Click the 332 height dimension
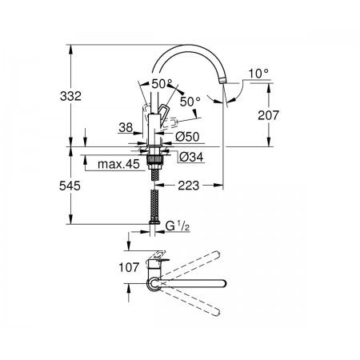point(70,96)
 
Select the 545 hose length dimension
point(70,186)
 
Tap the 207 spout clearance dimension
point(268,115)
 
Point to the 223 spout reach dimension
point(189,186)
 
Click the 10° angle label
point(258,74)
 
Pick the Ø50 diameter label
point(187,137)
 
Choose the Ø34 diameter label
point(191,157)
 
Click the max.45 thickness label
point(118,164)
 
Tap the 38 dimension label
point(126,127)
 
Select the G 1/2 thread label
point(178,226)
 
